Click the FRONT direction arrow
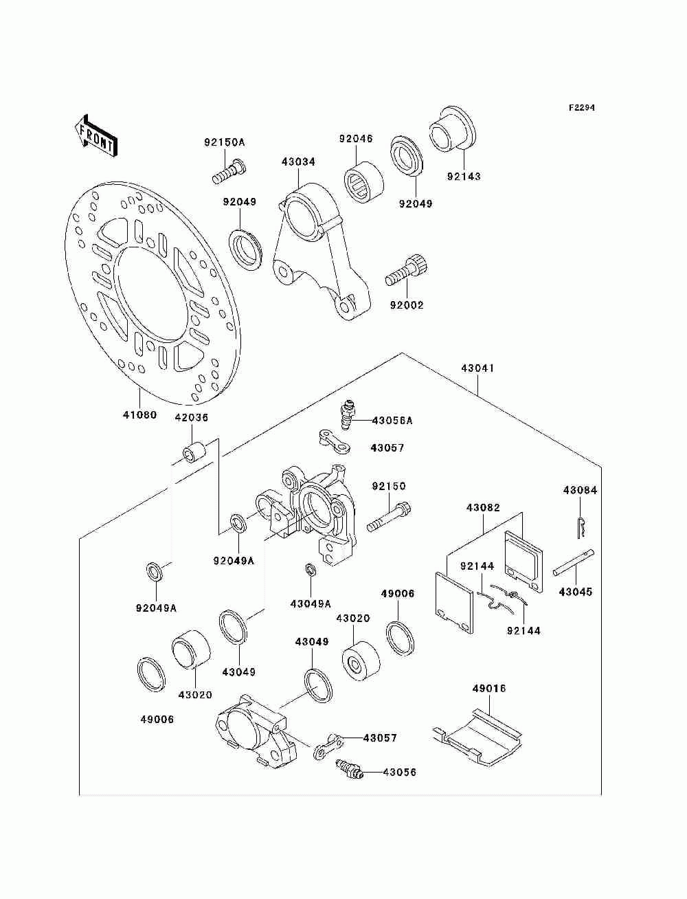point(96,135)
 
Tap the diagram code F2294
point(581,108)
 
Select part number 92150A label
point(225,142)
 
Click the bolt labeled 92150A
point(229,172)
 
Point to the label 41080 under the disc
point(139,415)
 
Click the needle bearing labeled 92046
point(363,180)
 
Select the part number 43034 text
point(298,162)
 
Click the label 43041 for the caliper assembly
point(477,368)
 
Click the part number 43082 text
point(483,508)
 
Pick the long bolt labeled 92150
point(389,517)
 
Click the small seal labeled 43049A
point(311,570)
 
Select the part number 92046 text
point(356,139)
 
